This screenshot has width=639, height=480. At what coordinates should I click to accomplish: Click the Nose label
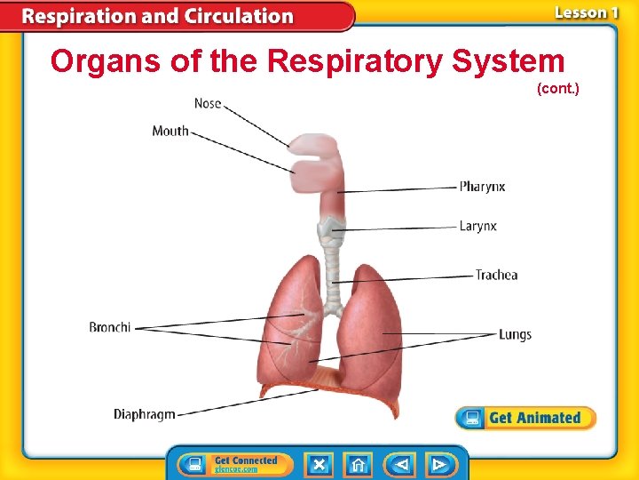tap(208, 103)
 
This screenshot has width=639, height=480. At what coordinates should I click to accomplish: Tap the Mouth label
tap(170, 131)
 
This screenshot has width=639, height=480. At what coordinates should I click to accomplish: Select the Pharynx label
tap(482, 187)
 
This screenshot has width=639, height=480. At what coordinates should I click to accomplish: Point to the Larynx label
tap(478, 226)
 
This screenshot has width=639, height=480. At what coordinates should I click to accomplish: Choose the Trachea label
tap(496, 275)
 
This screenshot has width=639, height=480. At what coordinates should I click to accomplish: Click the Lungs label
tap(515, 334)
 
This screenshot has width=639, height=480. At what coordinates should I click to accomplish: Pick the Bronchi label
tap(110, 327)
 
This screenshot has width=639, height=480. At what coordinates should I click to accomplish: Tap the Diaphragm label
tap(145, 414)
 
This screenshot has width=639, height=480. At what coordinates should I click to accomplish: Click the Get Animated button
tap(525, 418)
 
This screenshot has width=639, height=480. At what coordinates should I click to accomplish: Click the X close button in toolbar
tap(319, 464)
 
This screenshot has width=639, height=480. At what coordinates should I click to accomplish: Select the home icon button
tap(359, 464)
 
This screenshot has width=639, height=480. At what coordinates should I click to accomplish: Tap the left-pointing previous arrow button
tap(399, 464)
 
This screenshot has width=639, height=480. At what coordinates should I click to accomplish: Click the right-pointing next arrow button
tap(438, 464)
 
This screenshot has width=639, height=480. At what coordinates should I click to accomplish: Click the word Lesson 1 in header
tap(586, 12)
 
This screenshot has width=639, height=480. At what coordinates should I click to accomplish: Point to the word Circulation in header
tap(238, 16)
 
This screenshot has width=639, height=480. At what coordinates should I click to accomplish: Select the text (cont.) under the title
tap(557, 88)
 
